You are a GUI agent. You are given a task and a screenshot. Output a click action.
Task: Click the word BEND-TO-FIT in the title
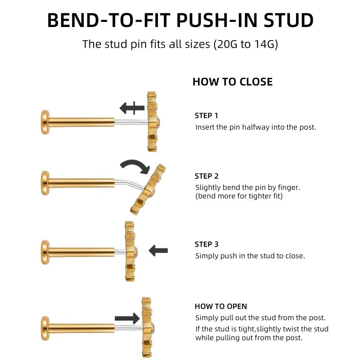pyautogui.click(x=108, y=20)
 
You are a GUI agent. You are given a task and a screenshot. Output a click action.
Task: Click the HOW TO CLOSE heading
pyautogui.click(x=233, y=82)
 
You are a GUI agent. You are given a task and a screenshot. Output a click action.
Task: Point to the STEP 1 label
pyautogui.click(x=206, y=116)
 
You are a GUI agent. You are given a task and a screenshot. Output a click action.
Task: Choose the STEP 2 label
pyautogui.click(x=207, y=176)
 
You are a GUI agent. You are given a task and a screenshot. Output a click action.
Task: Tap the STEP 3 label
pyautogui.click(x=207, y=244)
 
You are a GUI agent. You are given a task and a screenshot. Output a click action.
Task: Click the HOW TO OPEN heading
pyautogui.click(x=221, y=306)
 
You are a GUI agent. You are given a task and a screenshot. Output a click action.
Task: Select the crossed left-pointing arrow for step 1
pyautogui.click(x=132, y=108)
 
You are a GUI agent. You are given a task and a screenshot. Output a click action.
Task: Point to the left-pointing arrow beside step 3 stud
pyautogui.click(x=158, y=251)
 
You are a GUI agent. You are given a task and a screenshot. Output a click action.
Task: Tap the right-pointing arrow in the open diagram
pyautogui.click(x=127, y=319)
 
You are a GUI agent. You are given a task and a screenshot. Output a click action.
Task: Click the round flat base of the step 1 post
pyautogui.click(x=45, y=122)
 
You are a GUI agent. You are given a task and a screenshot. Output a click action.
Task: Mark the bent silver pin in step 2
pyautogui.click(x=130, y=184)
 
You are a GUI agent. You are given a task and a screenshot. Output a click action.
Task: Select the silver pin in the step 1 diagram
pyautogui.click(x=131, y=122)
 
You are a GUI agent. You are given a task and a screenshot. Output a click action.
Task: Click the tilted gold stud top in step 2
pyautogui.click(x=148, y=189)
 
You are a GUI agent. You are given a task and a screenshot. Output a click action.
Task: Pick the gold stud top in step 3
pyautogui.click(x=130, y=251)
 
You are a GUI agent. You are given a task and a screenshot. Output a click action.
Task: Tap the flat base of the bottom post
pyautogui.click(x=45, y=328)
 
